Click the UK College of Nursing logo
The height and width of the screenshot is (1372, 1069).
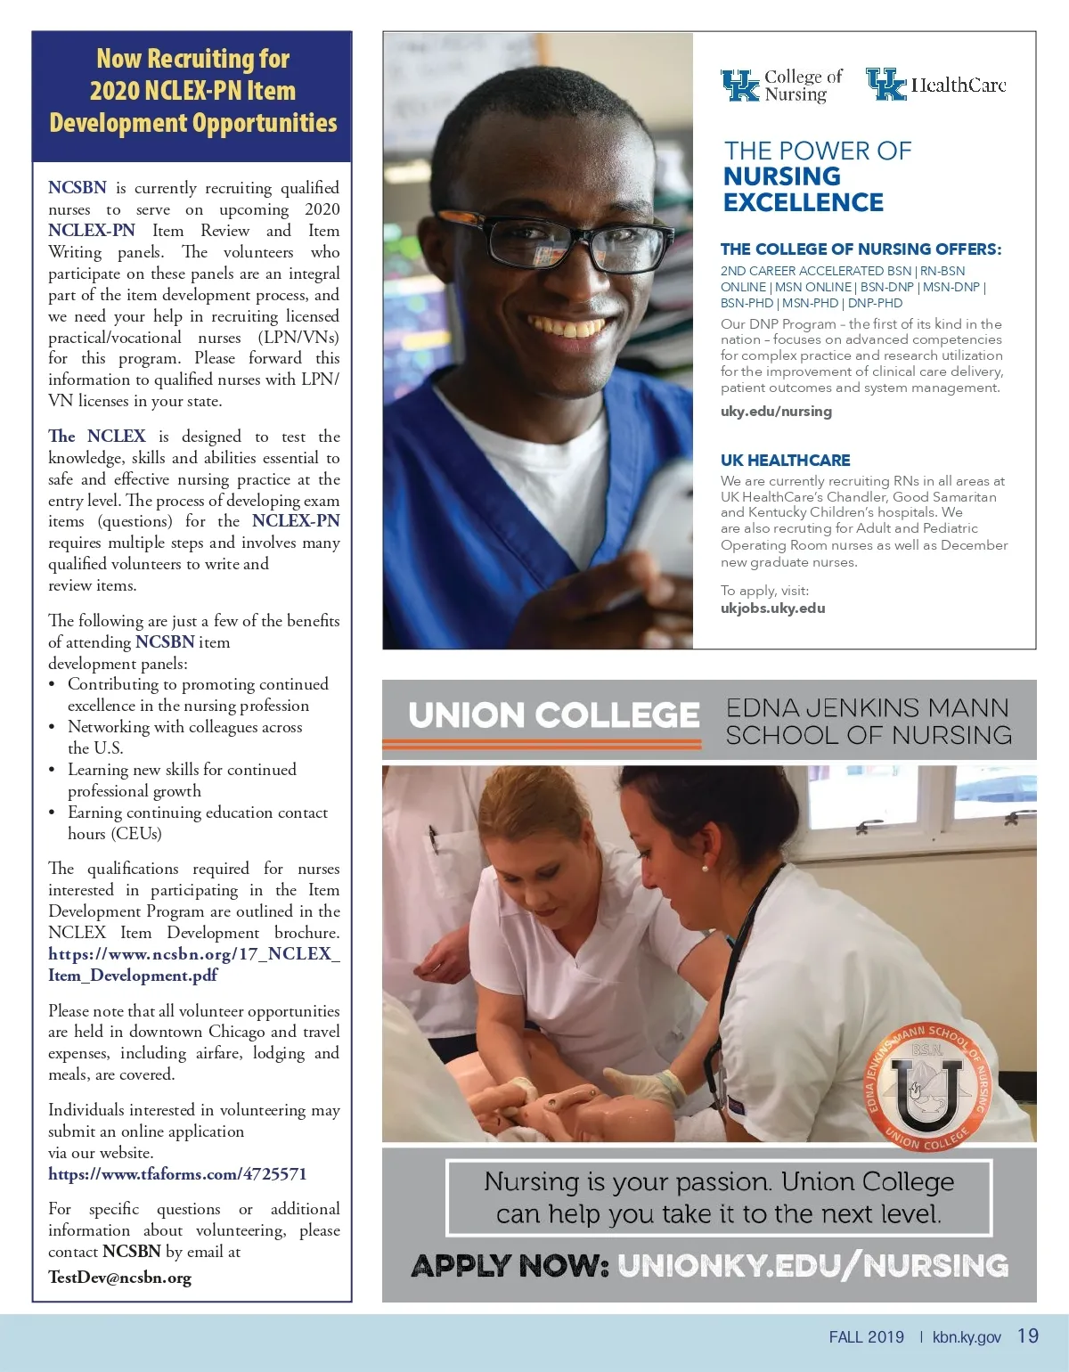pos(780,86)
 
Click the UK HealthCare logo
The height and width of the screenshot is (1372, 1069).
pos(935,85)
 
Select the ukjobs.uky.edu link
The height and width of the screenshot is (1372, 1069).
pos(772,608)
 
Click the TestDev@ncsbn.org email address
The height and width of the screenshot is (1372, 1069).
pos(119,1278)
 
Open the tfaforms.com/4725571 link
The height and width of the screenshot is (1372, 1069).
pos(177,1174)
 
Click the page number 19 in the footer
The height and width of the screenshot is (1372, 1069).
pos(1027,1336)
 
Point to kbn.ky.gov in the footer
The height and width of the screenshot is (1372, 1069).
pos(967,1337)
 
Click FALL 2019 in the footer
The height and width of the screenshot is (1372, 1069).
pos(866,1337)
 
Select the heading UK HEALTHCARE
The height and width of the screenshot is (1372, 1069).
pos(785,461)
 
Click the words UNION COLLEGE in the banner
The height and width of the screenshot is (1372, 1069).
pos(553,715)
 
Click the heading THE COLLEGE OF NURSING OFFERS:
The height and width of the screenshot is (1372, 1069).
pos(861,249)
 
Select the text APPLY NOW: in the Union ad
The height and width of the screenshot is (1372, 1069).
pos(510,1265)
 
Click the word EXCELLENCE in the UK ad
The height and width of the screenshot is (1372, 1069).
pos(803,203)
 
